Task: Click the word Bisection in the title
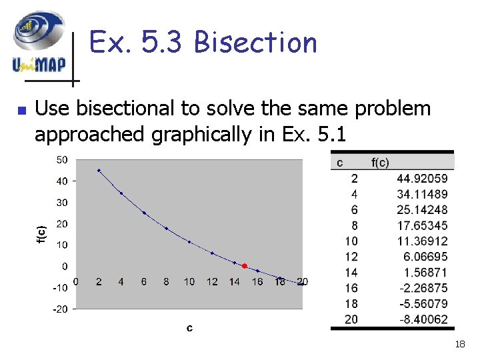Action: click(x=255, y=43)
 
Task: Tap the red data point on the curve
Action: click(x=245, y=266)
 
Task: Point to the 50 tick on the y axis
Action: click(x=61, y=159)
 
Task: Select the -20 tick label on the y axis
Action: click(x=61, y=309)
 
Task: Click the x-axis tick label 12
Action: click(x=212, y=282)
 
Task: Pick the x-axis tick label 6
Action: click(x=144, y=282)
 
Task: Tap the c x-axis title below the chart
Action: click(x=189, y=328)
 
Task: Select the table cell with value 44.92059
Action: click(x=422, y=179)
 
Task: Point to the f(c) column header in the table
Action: click(x=379, y=163)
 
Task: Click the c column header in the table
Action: click(x=340, y=163)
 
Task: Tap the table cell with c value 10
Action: click(x=351, y=241)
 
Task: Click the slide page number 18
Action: click(x=459, y=345)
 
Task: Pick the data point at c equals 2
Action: click(x=99, y=171)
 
